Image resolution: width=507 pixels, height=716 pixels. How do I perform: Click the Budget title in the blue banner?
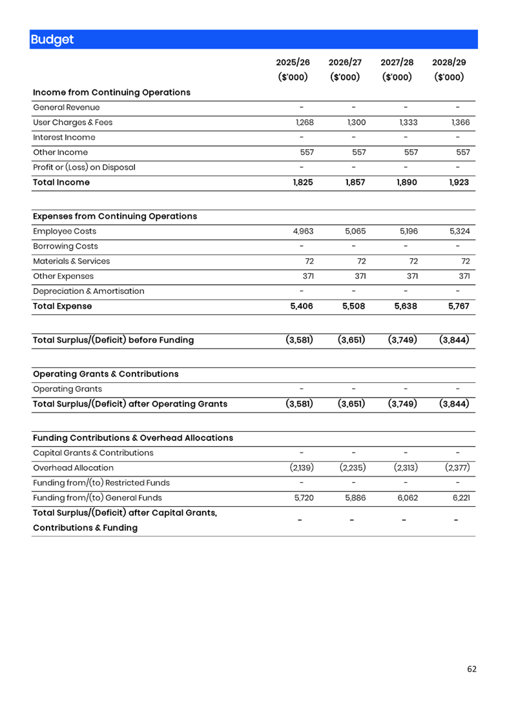click(52, 39)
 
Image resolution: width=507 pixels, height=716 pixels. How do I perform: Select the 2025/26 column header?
click(293, 63)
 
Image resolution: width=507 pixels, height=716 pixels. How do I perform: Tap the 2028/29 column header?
click(449, 63)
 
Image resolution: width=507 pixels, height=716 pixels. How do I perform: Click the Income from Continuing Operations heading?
click(112, 92)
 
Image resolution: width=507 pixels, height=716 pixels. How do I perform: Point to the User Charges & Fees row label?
click(73, 123)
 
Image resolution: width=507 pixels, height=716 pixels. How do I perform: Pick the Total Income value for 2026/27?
click(355, 183)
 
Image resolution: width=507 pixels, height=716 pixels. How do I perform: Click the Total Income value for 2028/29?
click(459, 183)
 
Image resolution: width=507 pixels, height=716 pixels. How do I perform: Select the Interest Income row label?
click(64, 138)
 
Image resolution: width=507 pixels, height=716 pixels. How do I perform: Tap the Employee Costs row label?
click(64, 231)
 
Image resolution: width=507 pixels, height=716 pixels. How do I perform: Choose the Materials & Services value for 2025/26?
click(309, 261)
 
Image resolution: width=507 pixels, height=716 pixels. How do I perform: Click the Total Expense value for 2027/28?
click(406, 307)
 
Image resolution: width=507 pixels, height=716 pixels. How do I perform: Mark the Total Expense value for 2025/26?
click(302, 307)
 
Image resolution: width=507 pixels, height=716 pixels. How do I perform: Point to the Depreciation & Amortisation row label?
click(88, 291)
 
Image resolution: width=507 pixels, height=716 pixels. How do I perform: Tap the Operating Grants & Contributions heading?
click(105, 374)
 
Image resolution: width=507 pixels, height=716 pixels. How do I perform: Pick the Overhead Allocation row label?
click(73, 468)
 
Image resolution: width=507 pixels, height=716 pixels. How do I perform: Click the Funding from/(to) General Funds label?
click(97, 498)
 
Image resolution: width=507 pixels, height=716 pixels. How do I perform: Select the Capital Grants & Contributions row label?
click(93, 453)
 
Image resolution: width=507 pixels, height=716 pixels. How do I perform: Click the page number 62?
click(471, 669)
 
